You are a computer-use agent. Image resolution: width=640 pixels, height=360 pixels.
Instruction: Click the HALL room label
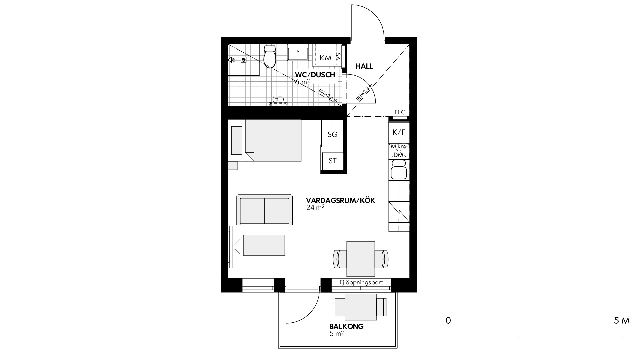point(364,66)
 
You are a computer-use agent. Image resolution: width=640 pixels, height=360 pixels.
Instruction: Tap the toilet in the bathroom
point(270,57)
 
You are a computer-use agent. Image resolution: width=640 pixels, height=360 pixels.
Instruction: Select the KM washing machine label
point(326,58)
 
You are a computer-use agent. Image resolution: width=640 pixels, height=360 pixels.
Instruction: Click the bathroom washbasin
point(298,54)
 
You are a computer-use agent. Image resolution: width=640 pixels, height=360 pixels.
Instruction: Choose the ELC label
point(400,112)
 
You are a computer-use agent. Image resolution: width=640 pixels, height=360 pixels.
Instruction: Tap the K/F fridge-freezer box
point(399,132)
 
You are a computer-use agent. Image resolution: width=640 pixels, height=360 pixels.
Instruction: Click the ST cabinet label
point(333,161)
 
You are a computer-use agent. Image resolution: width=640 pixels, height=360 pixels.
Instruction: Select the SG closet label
point(333,134)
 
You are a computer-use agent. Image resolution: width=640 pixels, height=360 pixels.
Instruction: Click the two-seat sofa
point(265,210)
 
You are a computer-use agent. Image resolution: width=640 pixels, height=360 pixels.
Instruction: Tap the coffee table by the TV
point(264,245)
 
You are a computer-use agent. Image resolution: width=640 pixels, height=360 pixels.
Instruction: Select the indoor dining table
point(361,259)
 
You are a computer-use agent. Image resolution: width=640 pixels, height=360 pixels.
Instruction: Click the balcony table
point(361,307)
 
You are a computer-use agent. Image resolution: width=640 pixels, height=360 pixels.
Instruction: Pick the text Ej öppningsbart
point(361,282)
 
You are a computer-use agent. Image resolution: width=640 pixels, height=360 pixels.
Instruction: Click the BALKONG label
point(346,326)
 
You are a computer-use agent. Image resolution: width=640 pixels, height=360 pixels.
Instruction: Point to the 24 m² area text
point(315,208)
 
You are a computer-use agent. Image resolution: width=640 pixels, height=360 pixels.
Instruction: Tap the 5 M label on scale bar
point(622,321)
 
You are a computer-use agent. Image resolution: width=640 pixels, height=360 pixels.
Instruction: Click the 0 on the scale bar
point(448,321)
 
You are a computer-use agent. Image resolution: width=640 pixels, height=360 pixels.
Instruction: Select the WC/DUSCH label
point(315,75)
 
